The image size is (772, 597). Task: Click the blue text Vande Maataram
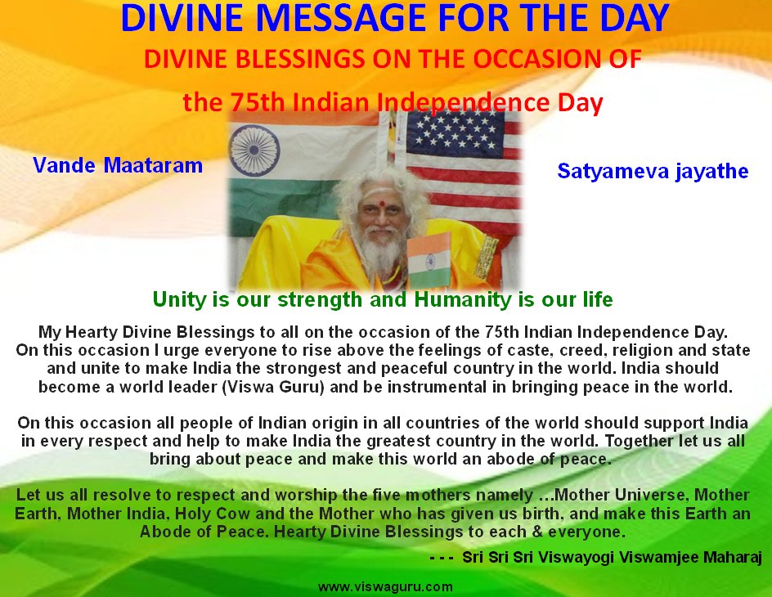[x=118, y=165]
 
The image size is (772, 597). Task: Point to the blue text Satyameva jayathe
[x=653, y=171]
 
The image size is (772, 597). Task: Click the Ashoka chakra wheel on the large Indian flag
[x=254, y=150]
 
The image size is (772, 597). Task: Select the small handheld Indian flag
[x=429, y=260]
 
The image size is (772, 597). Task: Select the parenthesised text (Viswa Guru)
[x=273, y=387]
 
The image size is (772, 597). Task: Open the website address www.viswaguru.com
[x=385, y=586]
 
